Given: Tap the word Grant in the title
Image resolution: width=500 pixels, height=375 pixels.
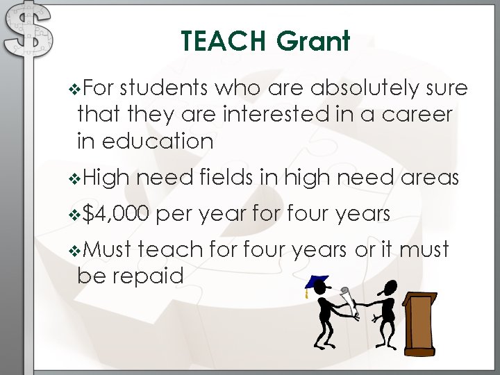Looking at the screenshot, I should tap(312, 42).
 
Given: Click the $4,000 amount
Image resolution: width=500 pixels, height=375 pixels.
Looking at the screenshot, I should tap(115, 215).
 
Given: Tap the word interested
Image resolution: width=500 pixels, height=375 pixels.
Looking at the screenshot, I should tap(278, 115).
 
